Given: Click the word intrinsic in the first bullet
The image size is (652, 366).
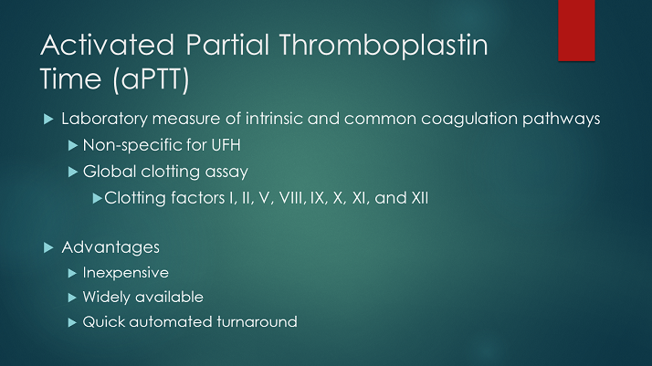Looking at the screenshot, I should pos(284,120).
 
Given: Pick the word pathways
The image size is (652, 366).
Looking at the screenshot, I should pos(563,120).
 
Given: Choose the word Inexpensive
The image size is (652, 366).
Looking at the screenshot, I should pos(125,273).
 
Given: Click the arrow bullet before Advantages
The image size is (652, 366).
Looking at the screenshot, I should pos(48,247).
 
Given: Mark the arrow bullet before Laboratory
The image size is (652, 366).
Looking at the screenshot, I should pos(48,120).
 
